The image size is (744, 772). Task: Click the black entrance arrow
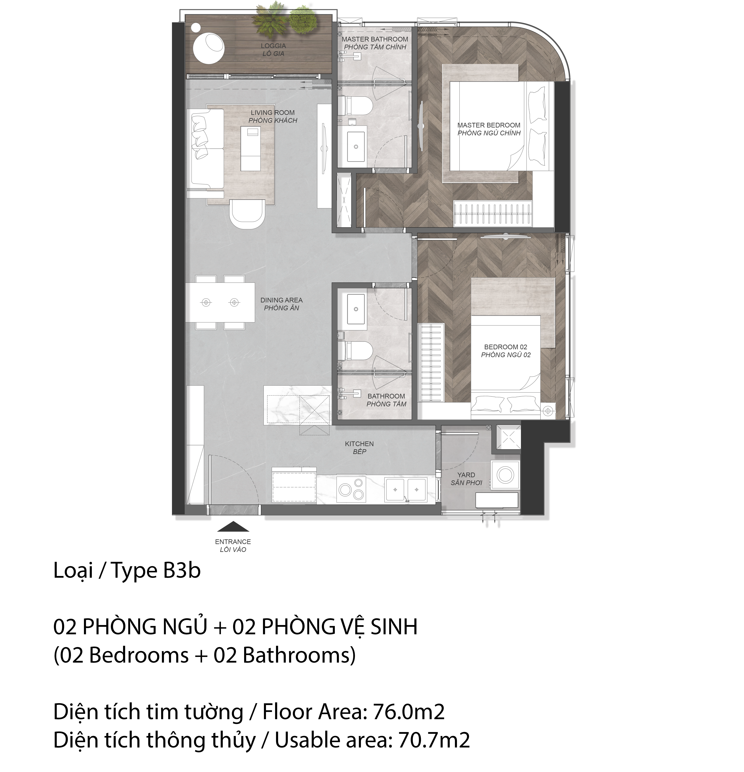tap(233, 526)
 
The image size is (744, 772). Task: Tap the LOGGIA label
tap(273, 46)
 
